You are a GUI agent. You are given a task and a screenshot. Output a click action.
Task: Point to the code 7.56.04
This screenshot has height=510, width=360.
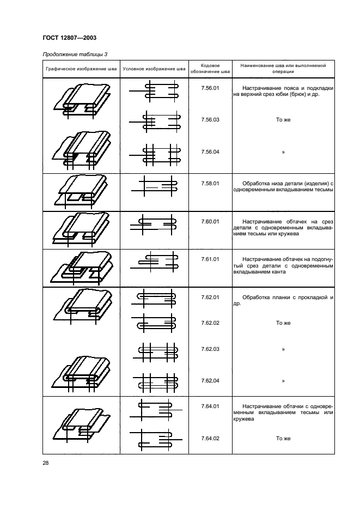coord(210,152)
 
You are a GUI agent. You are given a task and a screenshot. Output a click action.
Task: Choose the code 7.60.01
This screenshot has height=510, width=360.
coord(210,222)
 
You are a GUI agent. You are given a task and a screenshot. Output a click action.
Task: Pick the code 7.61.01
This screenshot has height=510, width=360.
coord(210,259)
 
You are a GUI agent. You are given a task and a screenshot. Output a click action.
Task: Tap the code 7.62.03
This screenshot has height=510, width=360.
coord(210,349)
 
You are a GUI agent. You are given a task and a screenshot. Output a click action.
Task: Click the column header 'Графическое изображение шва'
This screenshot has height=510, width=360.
coord(81,69)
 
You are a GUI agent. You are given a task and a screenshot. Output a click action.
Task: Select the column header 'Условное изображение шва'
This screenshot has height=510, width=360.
coord(154,69)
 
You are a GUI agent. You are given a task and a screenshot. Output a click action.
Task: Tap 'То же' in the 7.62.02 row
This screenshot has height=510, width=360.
coord(283,323)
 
